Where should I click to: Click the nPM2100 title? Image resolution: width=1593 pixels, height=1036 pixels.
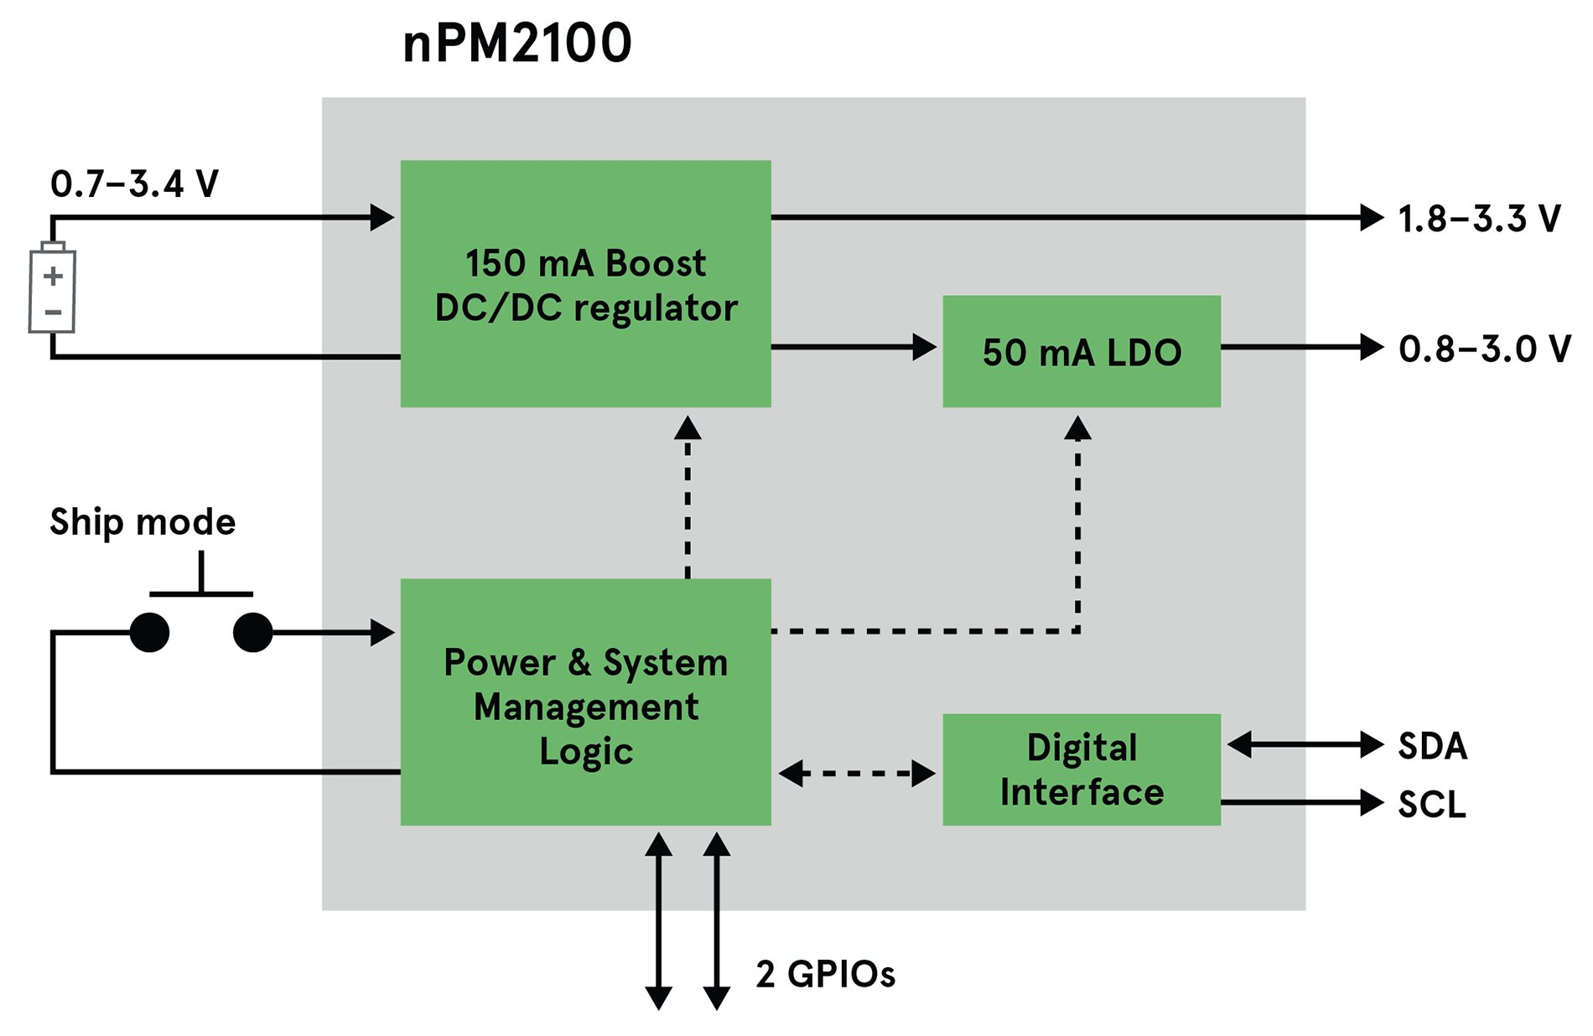click(x=516, y=44)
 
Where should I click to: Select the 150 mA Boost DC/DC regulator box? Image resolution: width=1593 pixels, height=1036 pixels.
click(x=585, y=283)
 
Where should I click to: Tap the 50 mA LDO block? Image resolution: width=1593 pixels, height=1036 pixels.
click(x=1081, y=351)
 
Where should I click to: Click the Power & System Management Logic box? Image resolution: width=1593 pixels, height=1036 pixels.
click(x=585, y=702)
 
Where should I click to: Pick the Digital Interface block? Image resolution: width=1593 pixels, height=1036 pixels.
click(x=1081, y=769)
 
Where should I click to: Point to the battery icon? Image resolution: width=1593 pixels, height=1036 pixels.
click(x=52, y=289)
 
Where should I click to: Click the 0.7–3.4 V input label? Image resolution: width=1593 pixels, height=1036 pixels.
click(x=134, y=184)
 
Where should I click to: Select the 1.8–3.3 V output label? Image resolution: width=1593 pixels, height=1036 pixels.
click(x=1479, y=219)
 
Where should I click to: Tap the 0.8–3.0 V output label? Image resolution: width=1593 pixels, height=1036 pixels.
click(x=1484, y=349)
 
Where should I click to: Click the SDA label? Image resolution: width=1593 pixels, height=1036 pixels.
click(x=1432, y=745)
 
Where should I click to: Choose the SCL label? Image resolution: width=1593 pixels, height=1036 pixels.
click(x=1432, y=805)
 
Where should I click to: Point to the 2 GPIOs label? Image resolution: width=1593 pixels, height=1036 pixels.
click(x=825, y=974)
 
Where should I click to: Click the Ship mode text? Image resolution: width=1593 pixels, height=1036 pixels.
click(x=143, y=522)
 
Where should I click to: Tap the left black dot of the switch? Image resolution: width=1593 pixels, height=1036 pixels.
click(x=149, y=632)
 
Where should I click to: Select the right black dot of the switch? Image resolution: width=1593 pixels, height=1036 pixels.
click(x=252, y=632)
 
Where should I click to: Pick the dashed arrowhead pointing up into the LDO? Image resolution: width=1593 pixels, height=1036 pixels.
click(x=1077, y=429)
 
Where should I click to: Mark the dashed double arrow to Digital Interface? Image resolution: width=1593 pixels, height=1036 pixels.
click(x=856, y=773)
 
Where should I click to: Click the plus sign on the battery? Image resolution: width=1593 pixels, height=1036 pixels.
click(x=53, y=275)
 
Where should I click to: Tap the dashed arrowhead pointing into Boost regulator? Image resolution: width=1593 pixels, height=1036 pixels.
click(x=688, y=428)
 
